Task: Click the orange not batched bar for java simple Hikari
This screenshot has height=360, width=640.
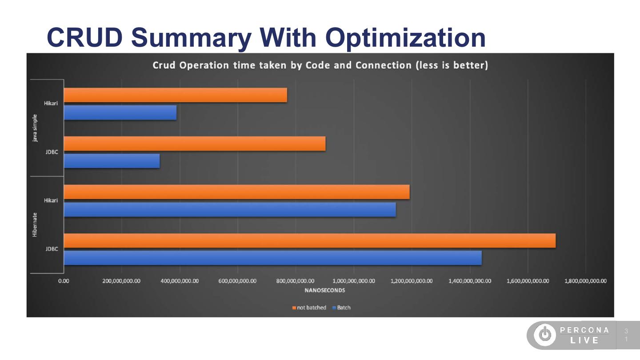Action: [x=176, y=95]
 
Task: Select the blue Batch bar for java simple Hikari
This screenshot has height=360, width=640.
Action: [x=120, y=112]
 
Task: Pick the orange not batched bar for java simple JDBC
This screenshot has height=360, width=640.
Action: [x=195, y=144]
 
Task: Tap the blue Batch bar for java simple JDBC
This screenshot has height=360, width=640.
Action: [x=112, y=161]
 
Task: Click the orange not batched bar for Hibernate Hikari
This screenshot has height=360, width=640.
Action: [x=236, y=192]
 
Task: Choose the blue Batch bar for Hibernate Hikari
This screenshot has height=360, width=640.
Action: [x=230, y=209]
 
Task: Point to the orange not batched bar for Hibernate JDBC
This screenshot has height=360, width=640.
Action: [x=310, y=240]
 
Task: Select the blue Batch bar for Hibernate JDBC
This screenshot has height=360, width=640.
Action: [x=272, y=258]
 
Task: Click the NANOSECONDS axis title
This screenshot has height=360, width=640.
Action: [x=324, y=291]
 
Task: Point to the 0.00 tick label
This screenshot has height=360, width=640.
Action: [x=64, y=281]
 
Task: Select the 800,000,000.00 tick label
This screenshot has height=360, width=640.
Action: [x=296, y=281]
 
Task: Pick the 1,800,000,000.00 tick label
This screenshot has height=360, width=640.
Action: [x=585, y=281]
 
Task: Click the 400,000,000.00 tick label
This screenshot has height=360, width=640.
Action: [x=180, y=281]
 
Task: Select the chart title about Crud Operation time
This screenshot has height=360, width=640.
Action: [x=320, y=65]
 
